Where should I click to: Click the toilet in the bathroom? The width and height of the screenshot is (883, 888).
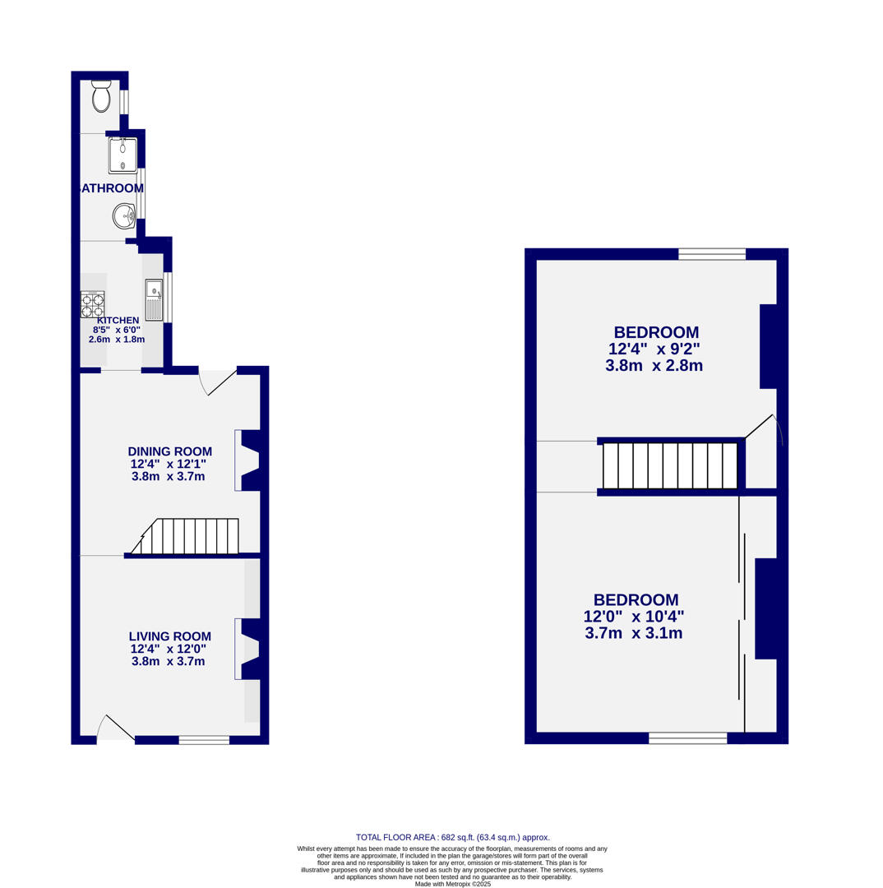[x=101, y=97]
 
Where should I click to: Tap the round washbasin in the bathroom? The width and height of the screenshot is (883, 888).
[x=123, y=216]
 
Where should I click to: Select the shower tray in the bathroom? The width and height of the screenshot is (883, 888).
[x=123, y=155]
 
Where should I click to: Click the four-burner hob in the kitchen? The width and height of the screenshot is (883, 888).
[x=92, y=305]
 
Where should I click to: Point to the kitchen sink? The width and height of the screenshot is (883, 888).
[x=154, y=300]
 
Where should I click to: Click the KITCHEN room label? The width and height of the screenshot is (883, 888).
[x=118, y=321]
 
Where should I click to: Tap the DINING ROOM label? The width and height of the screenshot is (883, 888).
[x=169, y=451]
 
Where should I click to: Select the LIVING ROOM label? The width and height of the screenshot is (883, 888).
[x=169, y=636]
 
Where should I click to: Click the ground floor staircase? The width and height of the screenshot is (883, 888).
[x=189, y=536]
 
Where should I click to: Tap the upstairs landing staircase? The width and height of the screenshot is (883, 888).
[x=669, y=466]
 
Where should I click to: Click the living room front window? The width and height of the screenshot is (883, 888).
[x=204, y=740]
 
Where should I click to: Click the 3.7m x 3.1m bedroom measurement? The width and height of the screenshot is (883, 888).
[x=633, y=633]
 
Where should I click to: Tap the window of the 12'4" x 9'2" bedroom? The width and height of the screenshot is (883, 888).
[x=711, y=253]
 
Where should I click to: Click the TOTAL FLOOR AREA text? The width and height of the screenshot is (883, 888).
[x=452, y=837]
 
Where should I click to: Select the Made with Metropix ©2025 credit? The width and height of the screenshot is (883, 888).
[x=452, y=884]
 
